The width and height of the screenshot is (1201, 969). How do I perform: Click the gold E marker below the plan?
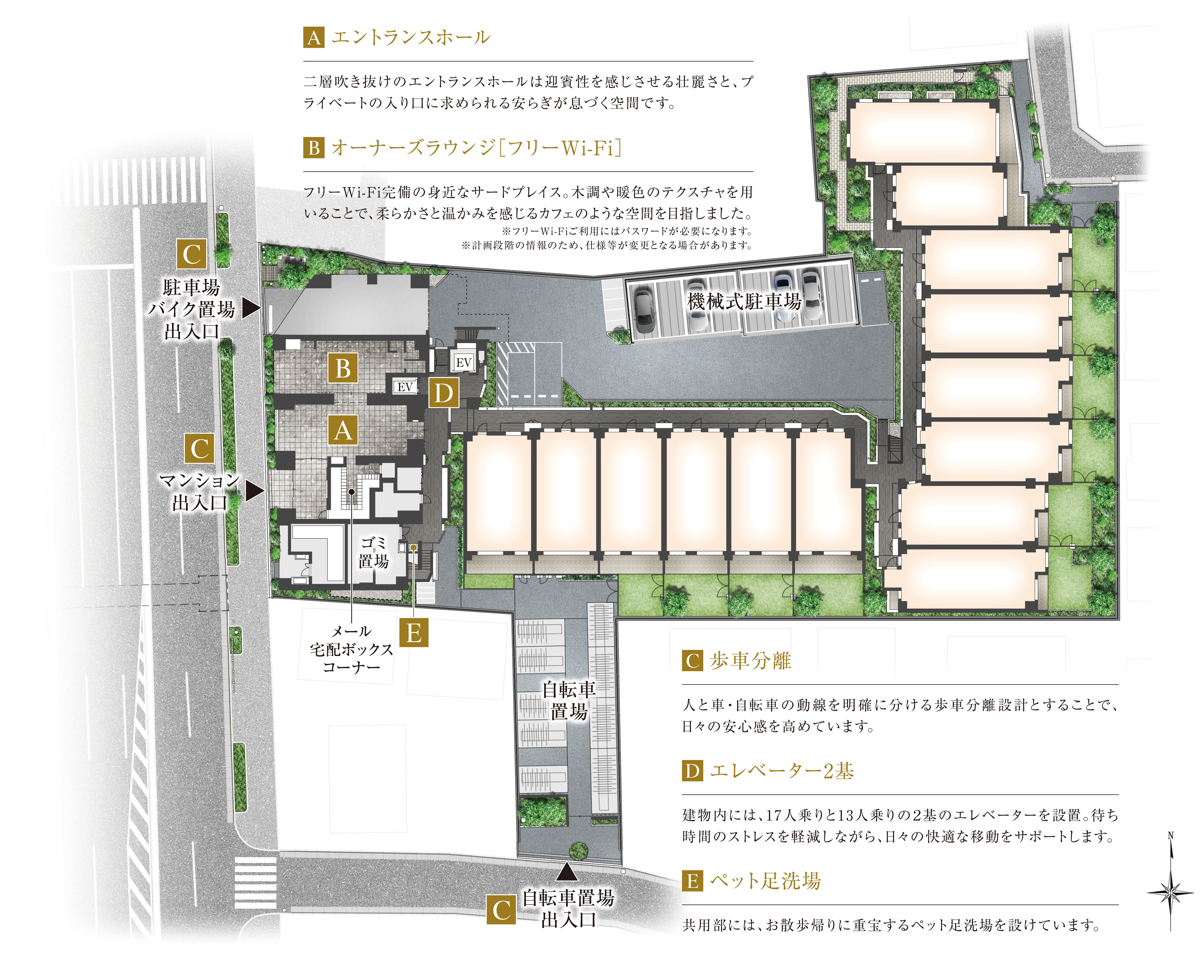click(x=414, y=633)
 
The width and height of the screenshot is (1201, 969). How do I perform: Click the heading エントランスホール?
click(x=410, y=37)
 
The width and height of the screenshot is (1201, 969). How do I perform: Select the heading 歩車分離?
click(x=750, y=661)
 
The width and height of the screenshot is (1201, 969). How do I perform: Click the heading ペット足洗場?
click(x=765, y=881)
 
